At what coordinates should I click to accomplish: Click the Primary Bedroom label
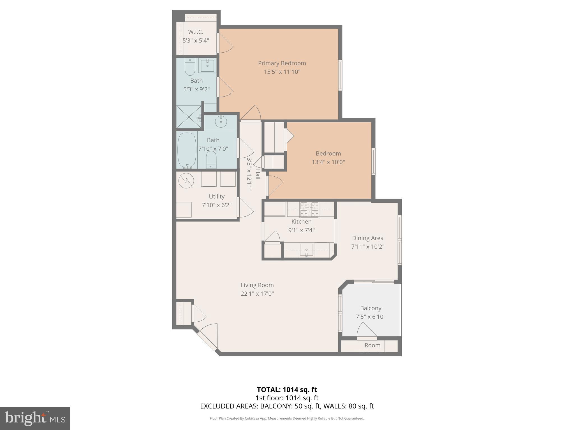(282, 63)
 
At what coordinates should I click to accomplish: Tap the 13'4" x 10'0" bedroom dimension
(328, 162)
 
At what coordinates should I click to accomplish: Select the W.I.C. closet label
(196, 32)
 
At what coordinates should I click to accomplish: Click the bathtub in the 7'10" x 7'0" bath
(187, 150)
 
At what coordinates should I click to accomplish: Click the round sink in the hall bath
(221, 121)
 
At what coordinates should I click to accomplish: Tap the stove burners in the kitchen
(309, 209)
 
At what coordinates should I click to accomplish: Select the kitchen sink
(307, 249)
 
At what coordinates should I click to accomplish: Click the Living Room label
(257, 285)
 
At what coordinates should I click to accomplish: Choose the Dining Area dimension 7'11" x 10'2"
(367, 247)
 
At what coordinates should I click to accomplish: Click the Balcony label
(371, 308)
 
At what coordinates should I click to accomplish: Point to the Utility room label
(216, 197)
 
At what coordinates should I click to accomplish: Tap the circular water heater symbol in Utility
(186, 181)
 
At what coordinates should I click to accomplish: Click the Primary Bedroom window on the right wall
(340, 75)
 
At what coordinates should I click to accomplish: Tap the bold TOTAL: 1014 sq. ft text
(287, 390)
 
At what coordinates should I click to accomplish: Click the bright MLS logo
(35, 418)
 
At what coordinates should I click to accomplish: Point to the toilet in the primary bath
(190, 67)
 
